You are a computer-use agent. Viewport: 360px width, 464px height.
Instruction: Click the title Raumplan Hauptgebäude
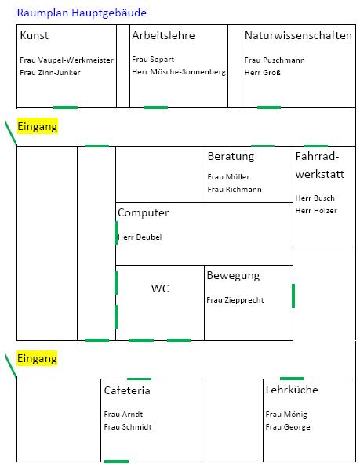click(x=82, y=13)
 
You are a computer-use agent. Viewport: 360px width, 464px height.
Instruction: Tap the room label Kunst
click(x=34, y=35)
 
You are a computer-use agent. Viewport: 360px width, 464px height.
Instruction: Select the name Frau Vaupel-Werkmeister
click(x=67, y=60)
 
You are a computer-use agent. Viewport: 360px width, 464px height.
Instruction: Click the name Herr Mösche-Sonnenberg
click(x=179, y=72)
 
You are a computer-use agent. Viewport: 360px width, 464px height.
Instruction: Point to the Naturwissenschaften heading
click(x=298, y=35)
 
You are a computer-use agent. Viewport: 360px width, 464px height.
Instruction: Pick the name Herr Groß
click(x=263, y=72)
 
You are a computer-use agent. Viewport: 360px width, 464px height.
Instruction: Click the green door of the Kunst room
click(x=65, y=107)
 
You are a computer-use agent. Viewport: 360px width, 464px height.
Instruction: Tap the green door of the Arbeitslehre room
click(x=155, y=107)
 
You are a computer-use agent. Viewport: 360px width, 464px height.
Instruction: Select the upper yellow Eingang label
click(x=38, y=126)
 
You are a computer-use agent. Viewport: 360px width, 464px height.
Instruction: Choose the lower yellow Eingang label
click(x=37, y=358)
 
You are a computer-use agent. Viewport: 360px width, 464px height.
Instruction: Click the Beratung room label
click(x=231, y=156)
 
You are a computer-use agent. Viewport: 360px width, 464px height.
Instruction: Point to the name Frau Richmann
click(x=235, y=190)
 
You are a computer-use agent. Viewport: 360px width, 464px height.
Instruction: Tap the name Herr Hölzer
click(x=316, y=211)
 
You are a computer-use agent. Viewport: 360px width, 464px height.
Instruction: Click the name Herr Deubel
click(x=140, y=237)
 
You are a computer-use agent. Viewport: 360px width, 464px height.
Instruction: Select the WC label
click(x=160, y=288)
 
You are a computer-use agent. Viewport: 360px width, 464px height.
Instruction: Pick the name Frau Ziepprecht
click(x=235, y=300)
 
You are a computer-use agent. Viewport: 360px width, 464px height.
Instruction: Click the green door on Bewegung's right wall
click(x=293, y=295)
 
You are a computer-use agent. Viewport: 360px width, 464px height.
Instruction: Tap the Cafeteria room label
click(x=127, y=390)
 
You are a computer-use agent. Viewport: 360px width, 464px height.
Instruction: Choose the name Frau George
click(x=288, y=427)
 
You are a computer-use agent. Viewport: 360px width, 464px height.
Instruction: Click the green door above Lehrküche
click(x=292, y=379)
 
